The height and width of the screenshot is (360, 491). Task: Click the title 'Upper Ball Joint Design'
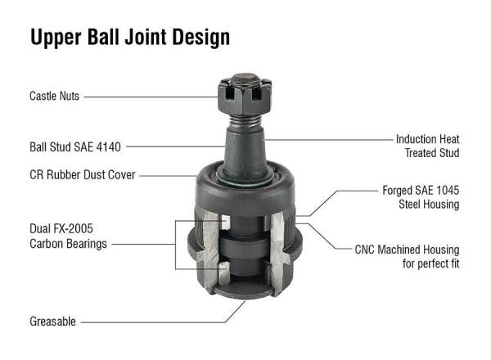coord(129,37)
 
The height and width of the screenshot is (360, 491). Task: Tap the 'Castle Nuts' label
coord(55,97)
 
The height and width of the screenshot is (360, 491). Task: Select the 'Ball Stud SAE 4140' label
coord(74,148)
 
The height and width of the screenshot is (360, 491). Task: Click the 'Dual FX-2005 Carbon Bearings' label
coord(70,236)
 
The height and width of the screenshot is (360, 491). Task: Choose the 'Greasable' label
coord(52,322)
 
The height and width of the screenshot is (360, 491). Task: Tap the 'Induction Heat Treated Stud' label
coord(427,146)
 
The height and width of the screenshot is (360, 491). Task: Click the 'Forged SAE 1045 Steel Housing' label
coord(421,197)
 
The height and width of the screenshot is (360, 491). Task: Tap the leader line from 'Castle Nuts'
coord(151,97)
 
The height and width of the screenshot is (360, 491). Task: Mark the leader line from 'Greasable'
coord(164,322)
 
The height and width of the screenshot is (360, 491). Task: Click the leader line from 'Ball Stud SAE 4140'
coord(176,148)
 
